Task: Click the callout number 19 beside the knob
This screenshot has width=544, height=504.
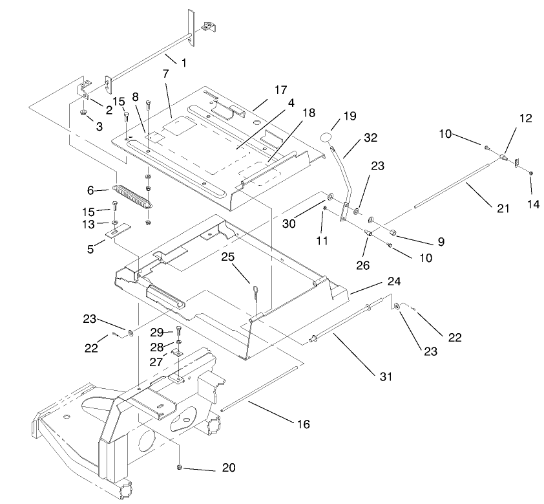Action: point(350,116)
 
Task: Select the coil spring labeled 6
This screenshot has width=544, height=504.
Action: point(132,195)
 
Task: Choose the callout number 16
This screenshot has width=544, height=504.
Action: point(303,424)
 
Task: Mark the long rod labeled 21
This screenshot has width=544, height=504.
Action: point(452,187)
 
